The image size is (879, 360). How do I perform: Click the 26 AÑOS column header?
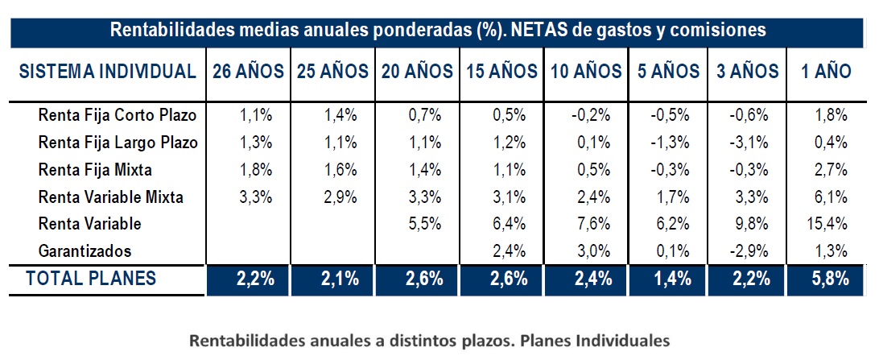point(248,72)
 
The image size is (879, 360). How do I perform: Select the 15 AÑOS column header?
point(501,72)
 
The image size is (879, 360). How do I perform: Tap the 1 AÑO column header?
point(826,72)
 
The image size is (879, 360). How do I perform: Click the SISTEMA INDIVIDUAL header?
point(108,72)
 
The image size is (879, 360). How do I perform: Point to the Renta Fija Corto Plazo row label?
point(118,116)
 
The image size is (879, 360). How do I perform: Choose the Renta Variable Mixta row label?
point(111,197)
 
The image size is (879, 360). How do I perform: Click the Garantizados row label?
point(85,251)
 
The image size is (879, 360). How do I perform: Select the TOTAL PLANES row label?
point(90,279)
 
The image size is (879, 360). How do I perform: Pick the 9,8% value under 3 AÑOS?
point(750,224)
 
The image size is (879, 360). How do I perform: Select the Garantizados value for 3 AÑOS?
point(749,251)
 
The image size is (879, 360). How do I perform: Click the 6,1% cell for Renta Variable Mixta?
point(831,197)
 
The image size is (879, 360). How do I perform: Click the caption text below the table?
point(429,340)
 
